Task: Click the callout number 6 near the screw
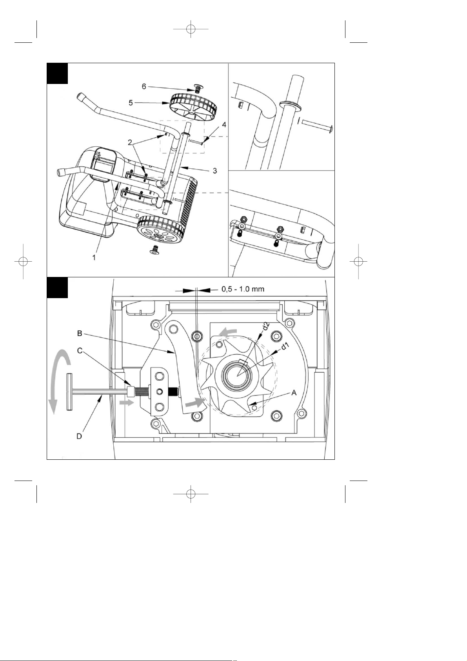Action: (144, 86)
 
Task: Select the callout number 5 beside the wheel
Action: (131, 103)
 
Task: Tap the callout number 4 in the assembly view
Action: (224, 125)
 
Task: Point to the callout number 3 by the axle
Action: (215, 171)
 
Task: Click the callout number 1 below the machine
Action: (94, 258)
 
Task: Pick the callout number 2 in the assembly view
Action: (130, 142)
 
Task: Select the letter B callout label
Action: (79, 333)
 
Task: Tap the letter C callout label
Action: (79, 350)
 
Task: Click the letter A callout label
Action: (294, 393)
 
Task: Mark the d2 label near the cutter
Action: (266, 326)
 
